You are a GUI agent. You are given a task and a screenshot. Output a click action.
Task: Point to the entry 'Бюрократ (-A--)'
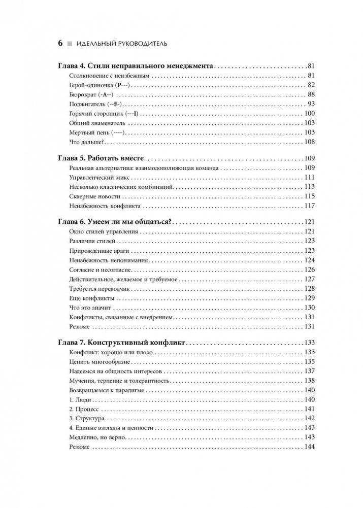[89, 94]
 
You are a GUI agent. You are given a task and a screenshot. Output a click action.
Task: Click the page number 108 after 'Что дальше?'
[310, 142]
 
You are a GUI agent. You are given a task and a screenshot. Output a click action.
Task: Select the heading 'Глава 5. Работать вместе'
[107, 158]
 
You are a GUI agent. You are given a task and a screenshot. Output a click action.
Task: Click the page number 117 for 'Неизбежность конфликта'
[310, 206]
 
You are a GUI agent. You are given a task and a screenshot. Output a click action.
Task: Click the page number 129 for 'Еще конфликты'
[310, 298]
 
